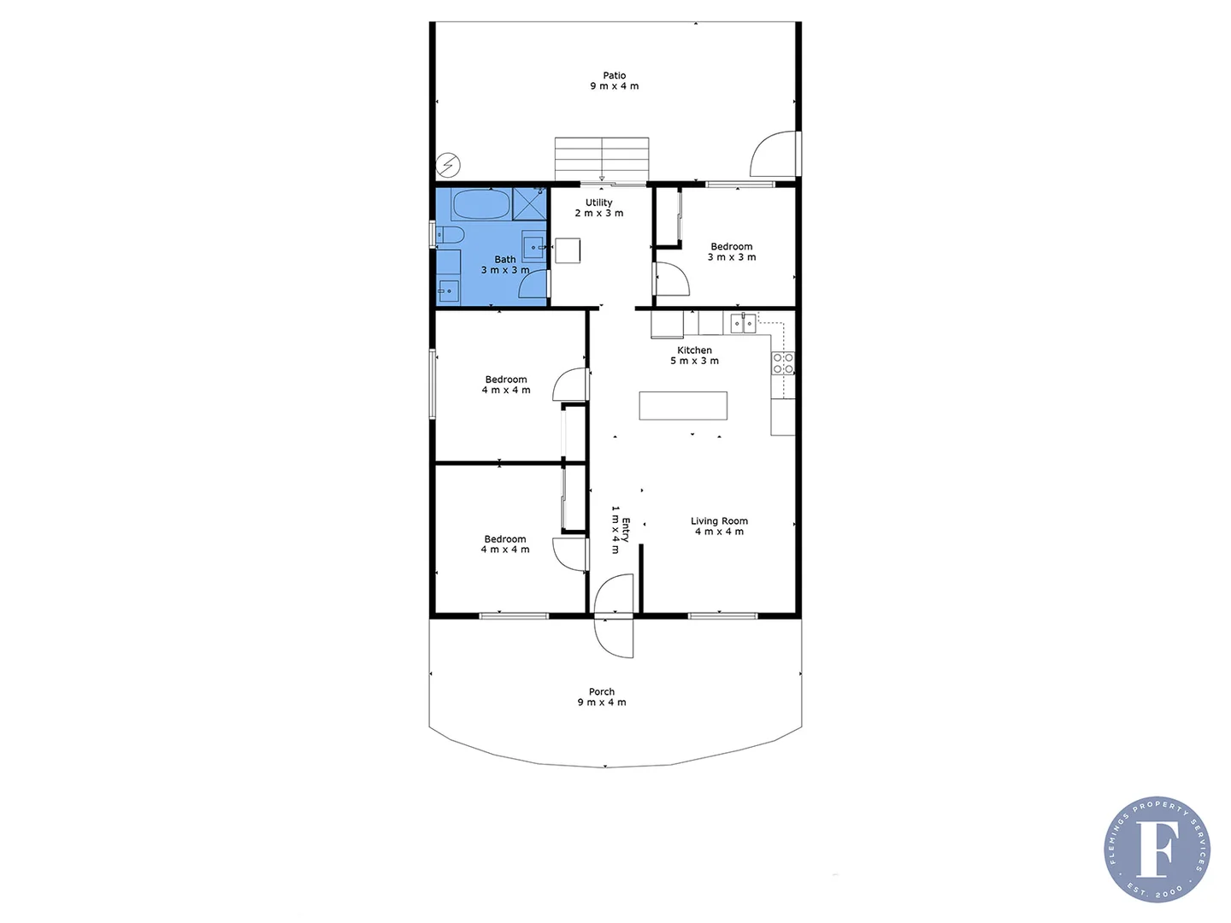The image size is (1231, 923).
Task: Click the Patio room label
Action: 614,81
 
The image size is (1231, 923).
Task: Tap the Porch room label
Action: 602,697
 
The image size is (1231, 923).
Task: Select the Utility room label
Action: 599,208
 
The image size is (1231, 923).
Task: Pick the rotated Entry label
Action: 620,530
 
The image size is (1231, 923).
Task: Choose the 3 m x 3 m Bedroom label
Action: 732,252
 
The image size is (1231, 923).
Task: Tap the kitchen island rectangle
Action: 683,406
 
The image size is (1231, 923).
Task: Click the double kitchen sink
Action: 743,323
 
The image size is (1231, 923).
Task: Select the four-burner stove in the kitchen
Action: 783,363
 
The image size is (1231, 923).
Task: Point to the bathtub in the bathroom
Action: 481,204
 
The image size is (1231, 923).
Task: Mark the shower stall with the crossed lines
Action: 529,203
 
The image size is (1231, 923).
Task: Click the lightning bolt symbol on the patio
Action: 448,164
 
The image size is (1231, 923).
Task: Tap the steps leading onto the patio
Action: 601,159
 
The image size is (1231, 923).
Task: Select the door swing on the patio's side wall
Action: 774,155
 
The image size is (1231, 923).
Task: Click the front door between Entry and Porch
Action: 614,615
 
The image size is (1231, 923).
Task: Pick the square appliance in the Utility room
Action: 568,250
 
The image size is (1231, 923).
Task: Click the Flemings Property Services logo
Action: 1157,850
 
